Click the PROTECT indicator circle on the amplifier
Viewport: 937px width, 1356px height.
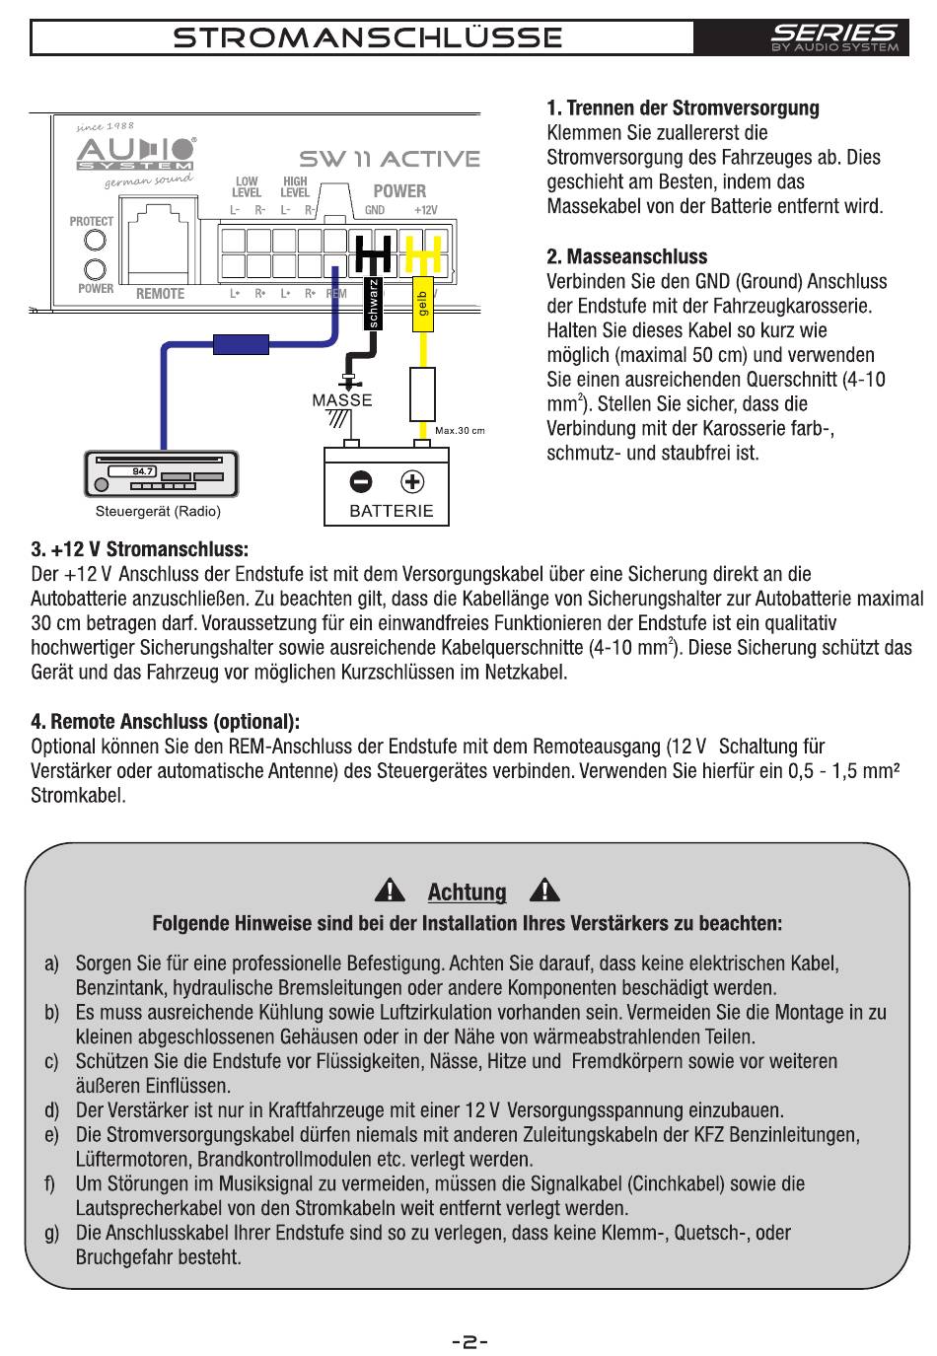(x=96, y=241)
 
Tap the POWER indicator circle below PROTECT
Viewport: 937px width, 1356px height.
(x=96, y=269)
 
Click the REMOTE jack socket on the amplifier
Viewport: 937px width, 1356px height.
(x=160, y=241)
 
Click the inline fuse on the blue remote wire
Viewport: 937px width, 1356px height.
(x=241, y=344)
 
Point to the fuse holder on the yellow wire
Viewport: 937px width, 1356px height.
(x=422, y=394)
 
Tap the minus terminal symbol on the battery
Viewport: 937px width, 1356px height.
(x=361, y=481)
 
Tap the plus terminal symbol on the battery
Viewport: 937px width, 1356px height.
(x=412, y=481)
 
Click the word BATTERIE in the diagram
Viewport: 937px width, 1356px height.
(x=392, y=511)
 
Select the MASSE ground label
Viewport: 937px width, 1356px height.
(x=341, y=400)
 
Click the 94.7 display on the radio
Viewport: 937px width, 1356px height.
(x=144, y=471)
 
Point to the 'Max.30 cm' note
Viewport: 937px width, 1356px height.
(x=460, y=430)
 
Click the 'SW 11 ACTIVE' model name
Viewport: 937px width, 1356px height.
(x=390, y=159)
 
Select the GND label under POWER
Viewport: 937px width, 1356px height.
(x=375, y=210)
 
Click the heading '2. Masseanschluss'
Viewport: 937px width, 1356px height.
(x=627, y=256)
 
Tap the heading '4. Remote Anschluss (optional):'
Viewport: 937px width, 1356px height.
(x=166, y=722)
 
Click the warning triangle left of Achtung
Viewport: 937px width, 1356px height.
(x=392, y=891)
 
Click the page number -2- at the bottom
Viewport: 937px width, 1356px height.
(x=468, y=1341)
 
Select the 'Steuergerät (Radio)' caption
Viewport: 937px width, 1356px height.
(x=158, y=512)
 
